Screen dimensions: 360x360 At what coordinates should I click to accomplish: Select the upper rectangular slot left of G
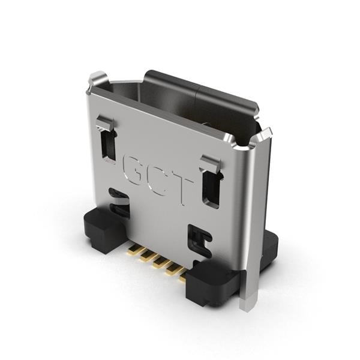click(x=109, y=145)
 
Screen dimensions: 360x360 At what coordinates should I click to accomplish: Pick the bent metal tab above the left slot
click(x=105, y=124)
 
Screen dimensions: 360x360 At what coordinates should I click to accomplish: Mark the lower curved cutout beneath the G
click(x=119, y=203)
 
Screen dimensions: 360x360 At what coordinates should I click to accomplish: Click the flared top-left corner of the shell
click(x=97, y=80)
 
